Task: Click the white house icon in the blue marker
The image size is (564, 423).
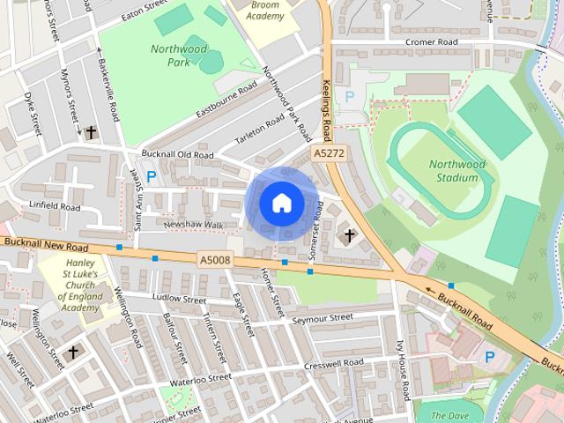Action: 281,204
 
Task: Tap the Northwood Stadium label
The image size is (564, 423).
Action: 457,171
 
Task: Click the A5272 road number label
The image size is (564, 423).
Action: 329,153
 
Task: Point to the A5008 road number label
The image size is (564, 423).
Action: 214,259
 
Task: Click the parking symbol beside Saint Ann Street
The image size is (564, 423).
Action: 151,176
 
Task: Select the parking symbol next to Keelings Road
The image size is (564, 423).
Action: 349,96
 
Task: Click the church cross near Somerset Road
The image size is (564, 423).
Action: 349,235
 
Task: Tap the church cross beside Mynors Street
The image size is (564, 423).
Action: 90,131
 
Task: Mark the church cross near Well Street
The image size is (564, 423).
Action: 73,352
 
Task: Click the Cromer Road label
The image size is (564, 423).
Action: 432,41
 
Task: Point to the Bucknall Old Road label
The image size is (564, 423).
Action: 178,155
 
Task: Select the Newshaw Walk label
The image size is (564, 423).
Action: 194,225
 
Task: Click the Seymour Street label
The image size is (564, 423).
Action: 322,317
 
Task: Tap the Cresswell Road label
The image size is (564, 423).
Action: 333,362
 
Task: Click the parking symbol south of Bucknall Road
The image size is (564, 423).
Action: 490,357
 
